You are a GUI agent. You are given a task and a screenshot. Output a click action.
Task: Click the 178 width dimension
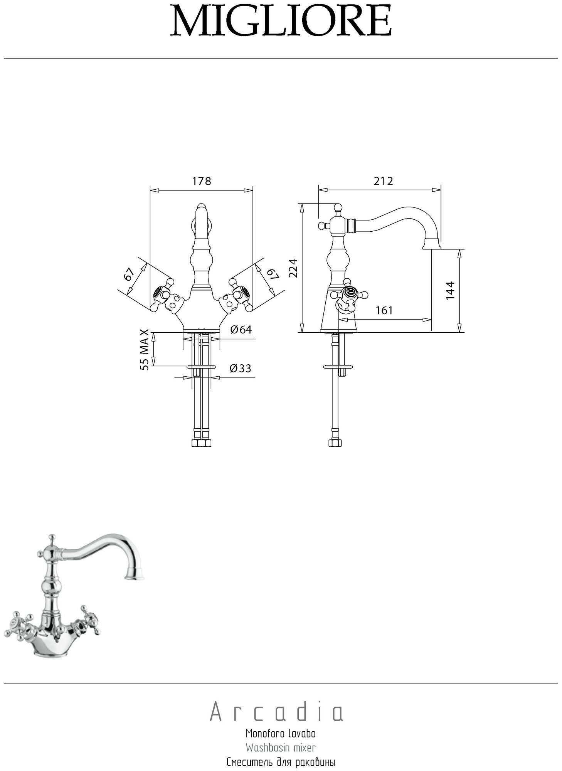202,181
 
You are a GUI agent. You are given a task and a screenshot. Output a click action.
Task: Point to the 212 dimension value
383,181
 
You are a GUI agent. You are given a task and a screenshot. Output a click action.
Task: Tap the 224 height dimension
293,268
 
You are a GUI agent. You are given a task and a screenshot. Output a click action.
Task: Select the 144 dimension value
450,290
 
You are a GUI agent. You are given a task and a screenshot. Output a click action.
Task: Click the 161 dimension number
384,310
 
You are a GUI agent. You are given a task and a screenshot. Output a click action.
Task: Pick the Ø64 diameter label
241,330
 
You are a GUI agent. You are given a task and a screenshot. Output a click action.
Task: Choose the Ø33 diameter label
240,368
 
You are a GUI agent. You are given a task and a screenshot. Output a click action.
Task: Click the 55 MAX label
144,350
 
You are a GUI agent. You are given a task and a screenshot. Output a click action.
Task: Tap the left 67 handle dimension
129,274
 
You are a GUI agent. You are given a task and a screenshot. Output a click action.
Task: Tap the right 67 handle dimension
273,274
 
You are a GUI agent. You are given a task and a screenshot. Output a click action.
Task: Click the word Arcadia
276,713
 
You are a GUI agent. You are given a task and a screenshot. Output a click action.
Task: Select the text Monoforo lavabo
280,733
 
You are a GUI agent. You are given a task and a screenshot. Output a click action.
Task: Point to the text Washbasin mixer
280,748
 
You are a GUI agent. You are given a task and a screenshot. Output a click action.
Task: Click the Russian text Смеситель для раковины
280,762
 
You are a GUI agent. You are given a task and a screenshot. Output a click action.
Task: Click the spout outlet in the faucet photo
135,577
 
